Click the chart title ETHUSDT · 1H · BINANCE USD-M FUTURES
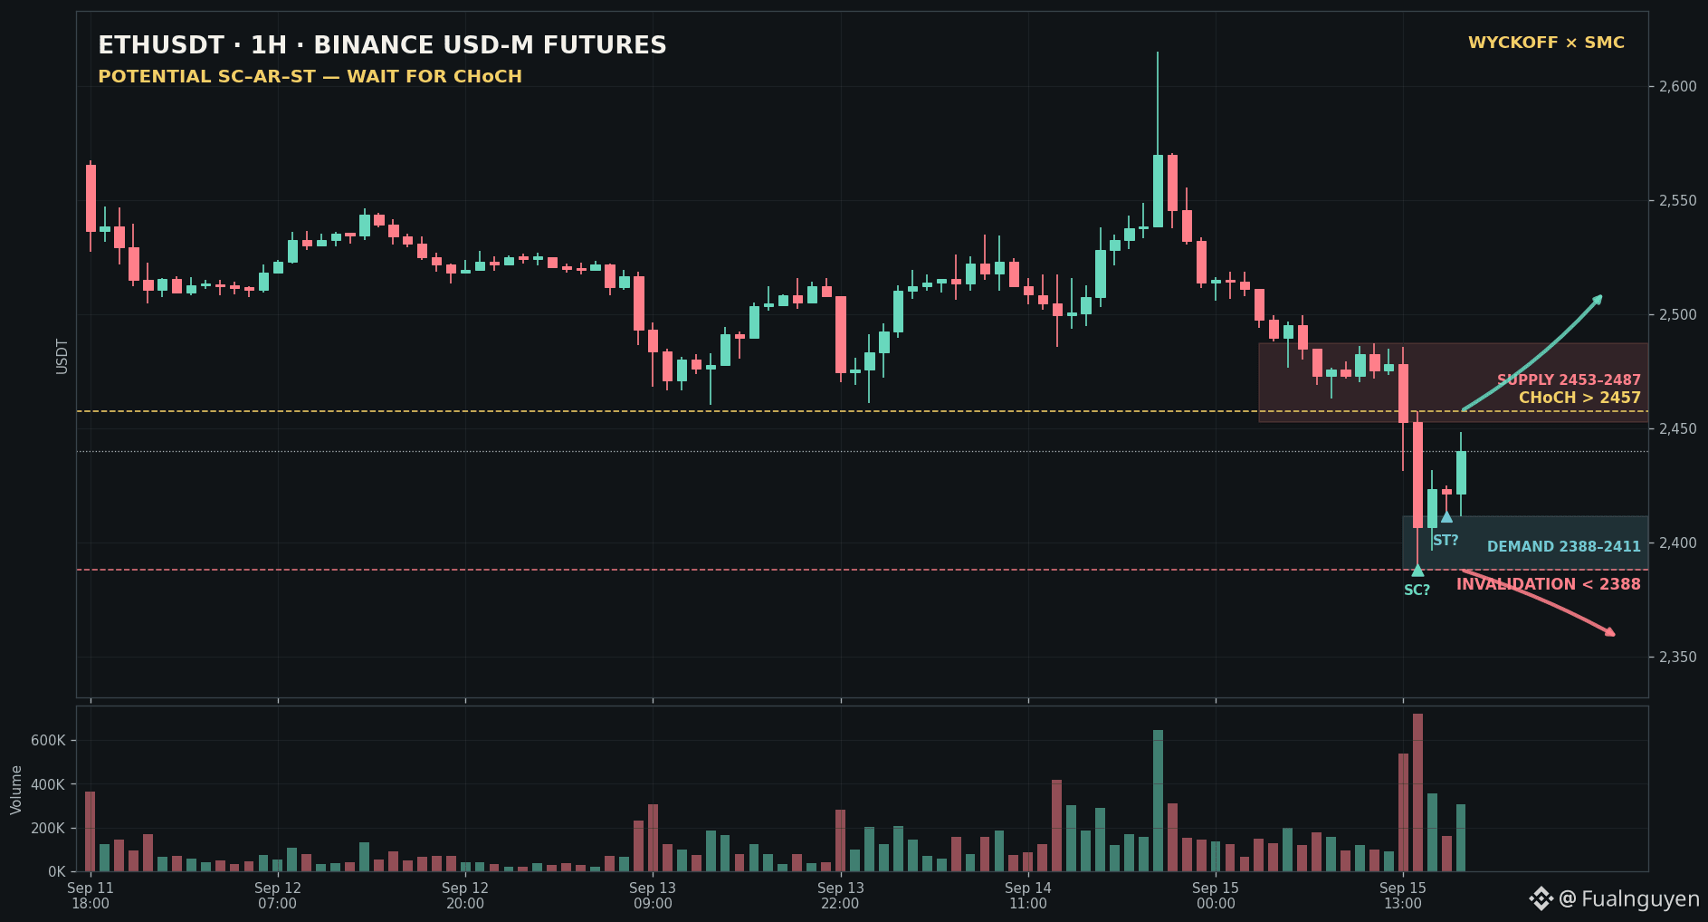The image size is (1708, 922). pos(382,45)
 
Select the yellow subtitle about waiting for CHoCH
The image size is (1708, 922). pos(310,76)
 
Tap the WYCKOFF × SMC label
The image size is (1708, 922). pos(1546,43)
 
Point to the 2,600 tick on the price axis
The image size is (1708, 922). pos(1677,87)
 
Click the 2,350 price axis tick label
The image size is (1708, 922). pos(1677,657)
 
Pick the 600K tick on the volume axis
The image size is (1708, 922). pos(48,741)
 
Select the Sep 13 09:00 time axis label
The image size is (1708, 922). pos(653,895)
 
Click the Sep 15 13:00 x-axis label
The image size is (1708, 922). pos(1403,895)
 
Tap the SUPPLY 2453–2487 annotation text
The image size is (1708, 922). pos(1569,380)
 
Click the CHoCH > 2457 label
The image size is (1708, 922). pos(1579,398)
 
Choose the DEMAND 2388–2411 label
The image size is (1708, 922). pos(1564,546)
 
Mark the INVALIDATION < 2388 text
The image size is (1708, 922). pos(1548,584)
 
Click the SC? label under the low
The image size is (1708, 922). pos(1417,591)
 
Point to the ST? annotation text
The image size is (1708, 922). pos(1446,541)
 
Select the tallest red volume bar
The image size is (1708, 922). pos(1417,792)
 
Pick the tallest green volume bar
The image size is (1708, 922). pos(1158,801)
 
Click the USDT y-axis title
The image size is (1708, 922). pos(62,356)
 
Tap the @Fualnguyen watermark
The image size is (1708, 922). pos(1614,898)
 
